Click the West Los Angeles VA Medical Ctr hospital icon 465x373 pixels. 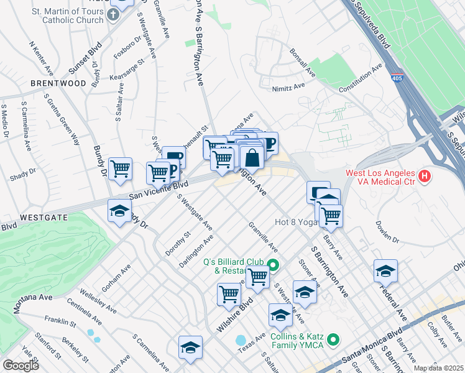coord(425,177)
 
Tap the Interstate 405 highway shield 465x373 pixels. coord(397,79)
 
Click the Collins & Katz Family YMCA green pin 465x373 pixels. coord(334,339)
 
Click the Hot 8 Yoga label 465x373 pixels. coord(296,222)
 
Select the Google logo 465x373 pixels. coord(21,366)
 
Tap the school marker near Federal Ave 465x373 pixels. coord(385,271)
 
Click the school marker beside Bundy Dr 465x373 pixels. coord(120,211)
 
